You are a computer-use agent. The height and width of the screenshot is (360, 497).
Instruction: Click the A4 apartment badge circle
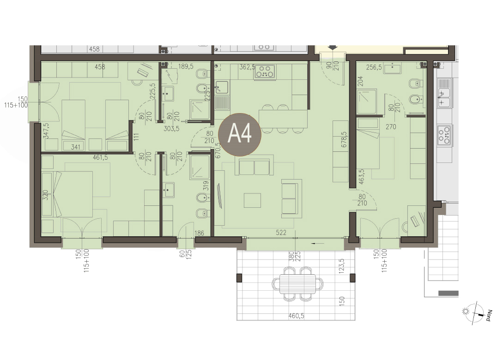[x=240, y=135]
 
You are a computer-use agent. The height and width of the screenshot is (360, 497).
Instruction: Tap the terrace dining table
[x=298, y=284]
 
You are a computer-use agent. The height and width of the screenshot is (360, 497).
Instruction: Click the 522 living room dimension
[x=281, y=233]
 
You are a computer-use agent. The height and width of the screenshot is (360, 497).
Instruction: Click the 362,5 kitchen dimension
[x=248, y=67]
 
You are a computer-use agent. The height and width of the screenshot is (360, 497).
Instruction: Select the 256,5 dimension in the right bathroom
[x=374, y=67]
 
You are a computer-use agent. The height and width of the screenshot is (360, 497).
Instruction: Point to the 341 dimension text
[x=75, y=147]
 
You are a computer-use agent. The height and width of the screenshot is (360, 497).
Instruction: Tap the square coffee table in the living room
[x=252, y=200]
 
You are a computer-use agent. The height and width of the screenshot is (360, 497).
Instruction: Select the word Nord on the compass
[x=490, y=315]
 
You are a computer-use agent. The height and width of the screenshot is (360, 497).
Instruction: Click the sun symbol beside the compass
[x=466, y=311]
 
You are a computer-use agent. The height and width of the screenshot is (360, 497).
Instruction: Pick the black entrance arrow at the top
[x=333, y=48]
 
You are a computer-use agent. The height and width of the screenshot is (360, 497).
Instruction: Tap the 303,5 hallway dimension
[x=171, y=129]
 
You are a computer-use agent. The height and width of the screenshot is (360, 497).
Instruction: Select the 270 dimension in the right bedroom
[x=391, y=126]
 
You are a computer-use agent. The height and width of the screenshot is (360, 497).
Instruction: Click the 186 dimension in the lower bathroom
[x=199, y=234]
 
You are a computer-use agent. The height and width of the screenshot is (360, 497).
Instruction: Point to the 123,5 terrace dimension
[x=341, y=266]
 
